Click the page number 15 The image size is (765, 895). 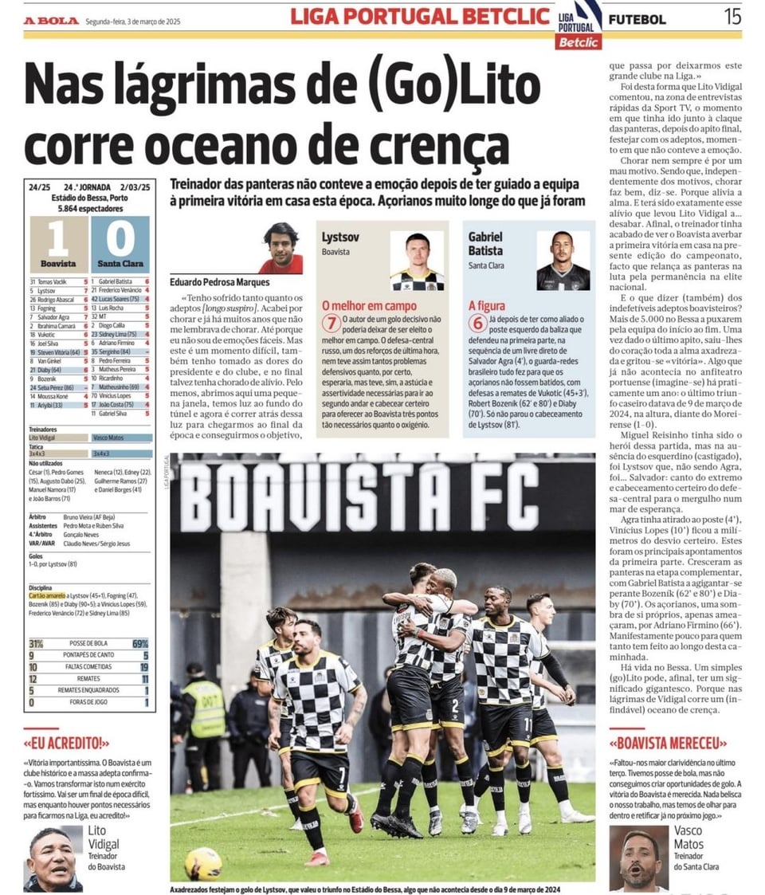click(732, 17)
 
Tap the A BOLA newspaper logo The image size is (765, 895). click(51, 21)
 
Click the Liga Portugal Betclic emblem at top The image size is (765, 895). click(579, 24)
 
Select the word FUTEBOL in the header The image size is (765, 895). click(637, 19)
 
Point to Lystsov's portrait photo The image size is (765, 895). click(416, 260)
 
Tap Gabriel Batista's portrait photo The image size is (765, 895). click(563, 260)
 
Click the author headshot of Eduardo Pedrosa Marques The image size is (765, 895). click(281, 248)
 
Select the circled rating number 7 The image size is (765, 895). click(331, 324)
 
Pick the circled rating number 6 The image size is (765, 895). click(477, 324)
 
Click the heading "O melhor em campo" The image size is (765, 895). click(359, 304)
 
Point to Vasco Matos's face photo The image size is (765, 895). click(638, 859)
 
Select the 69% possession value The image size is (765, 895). click(140, 643)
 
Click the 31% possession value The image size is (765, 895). click(36, 643)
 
